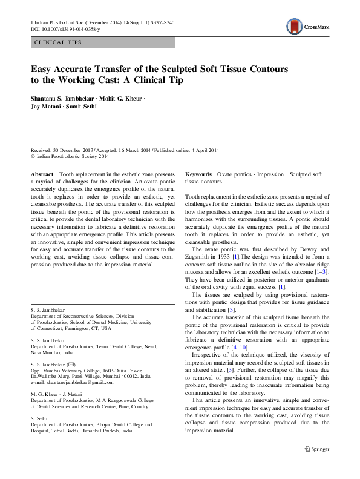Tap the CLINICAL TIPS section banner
[102, 43]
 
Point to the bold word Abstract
[42, 174]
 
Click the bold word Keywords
[198, 174]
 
